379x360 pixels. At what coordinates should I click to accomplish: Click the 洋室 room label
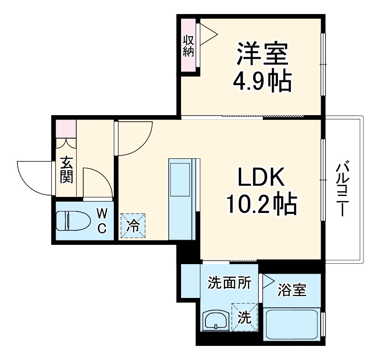click(x=262, y=55)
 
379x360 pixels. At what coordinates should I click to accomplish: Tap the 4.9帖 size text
click(x=262, y=82)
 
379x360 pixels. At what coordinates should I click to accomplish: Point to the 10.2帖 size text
click(x=261, y=204)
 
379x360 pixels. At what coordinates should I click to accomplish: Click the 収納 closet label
click(x=188, y=45)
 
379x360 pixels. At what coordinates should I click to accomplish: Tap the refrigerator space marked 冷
click(x=133, y=226)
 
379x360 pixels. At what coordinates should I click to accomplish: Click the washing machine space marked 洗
click(x=245, y=317)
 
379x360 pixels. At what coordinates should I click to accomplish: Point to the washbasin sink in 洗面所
click(x=215, y=321)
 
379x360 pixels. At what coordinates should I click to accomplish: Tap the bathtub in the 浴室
click(x=292, y=325)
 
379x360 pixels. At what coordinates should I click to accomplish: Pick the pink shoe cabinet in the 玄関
click(x=66, y=128)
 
